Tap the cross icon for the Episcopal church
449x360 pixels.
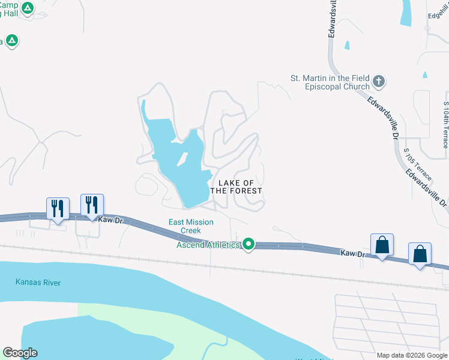[x=379, y=81]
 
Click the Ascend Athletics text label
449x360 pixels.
[x=208, y=244]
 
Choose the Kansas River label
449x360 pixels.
[x=38, y=283]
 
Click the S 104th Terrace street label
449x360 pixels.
[x=445, y=125]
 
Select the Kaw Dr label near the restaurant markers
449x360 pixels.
[x=108, y=220]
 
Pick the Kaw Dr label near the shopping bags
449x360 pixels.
[x=352, y=254]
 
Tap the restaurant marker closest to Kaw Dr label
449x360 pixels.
[x=92, y=205]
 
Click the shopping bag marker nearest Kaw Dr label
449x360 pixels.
[x=382, y=245]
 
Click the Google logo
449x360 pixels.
[x=20, y=353]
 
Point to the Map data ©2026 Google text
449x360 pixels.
[x=411, y=355]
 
